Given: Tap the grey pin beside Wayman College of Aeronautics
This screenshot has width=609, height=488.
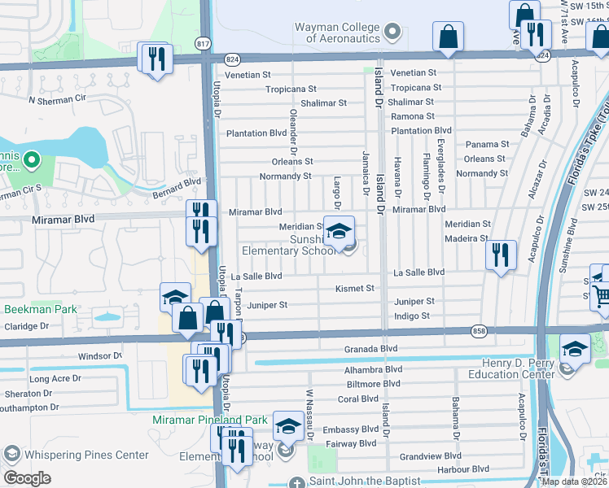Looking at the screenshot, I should [393, 33].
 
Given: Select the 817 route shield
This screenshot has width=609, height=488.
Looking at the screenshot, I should [202, 41].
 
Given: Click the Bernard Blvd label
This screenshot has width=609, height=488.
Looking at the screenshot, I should [177, 189].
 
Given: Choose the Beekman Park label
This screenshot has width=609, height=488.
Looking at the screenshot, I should [41, 309].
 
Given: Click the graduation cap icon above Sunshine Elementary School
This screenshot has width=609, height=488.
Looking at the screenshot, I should [340, 231].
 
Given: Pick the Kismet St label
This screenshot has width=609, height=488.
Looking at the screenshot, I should [355, 288].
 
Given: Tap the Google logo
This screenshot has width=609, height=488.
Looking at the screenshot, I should [27, 478].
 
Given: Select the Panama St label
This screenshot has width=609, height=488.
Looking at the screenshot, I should [487, 144].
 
